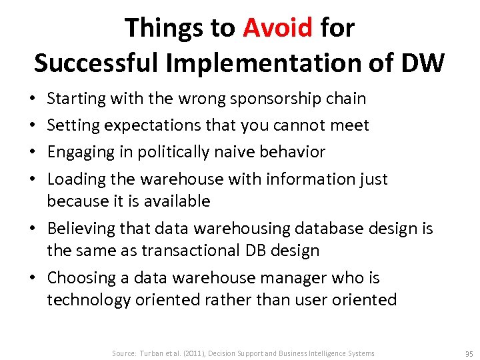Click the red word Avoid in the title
(x=277, y=28)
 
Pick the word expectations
(x=143, y=125)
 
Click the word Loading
(x=75, y=179)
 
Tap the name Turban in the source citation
(x=153, y=353)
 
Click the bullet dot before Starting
(x=33, y=99)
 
